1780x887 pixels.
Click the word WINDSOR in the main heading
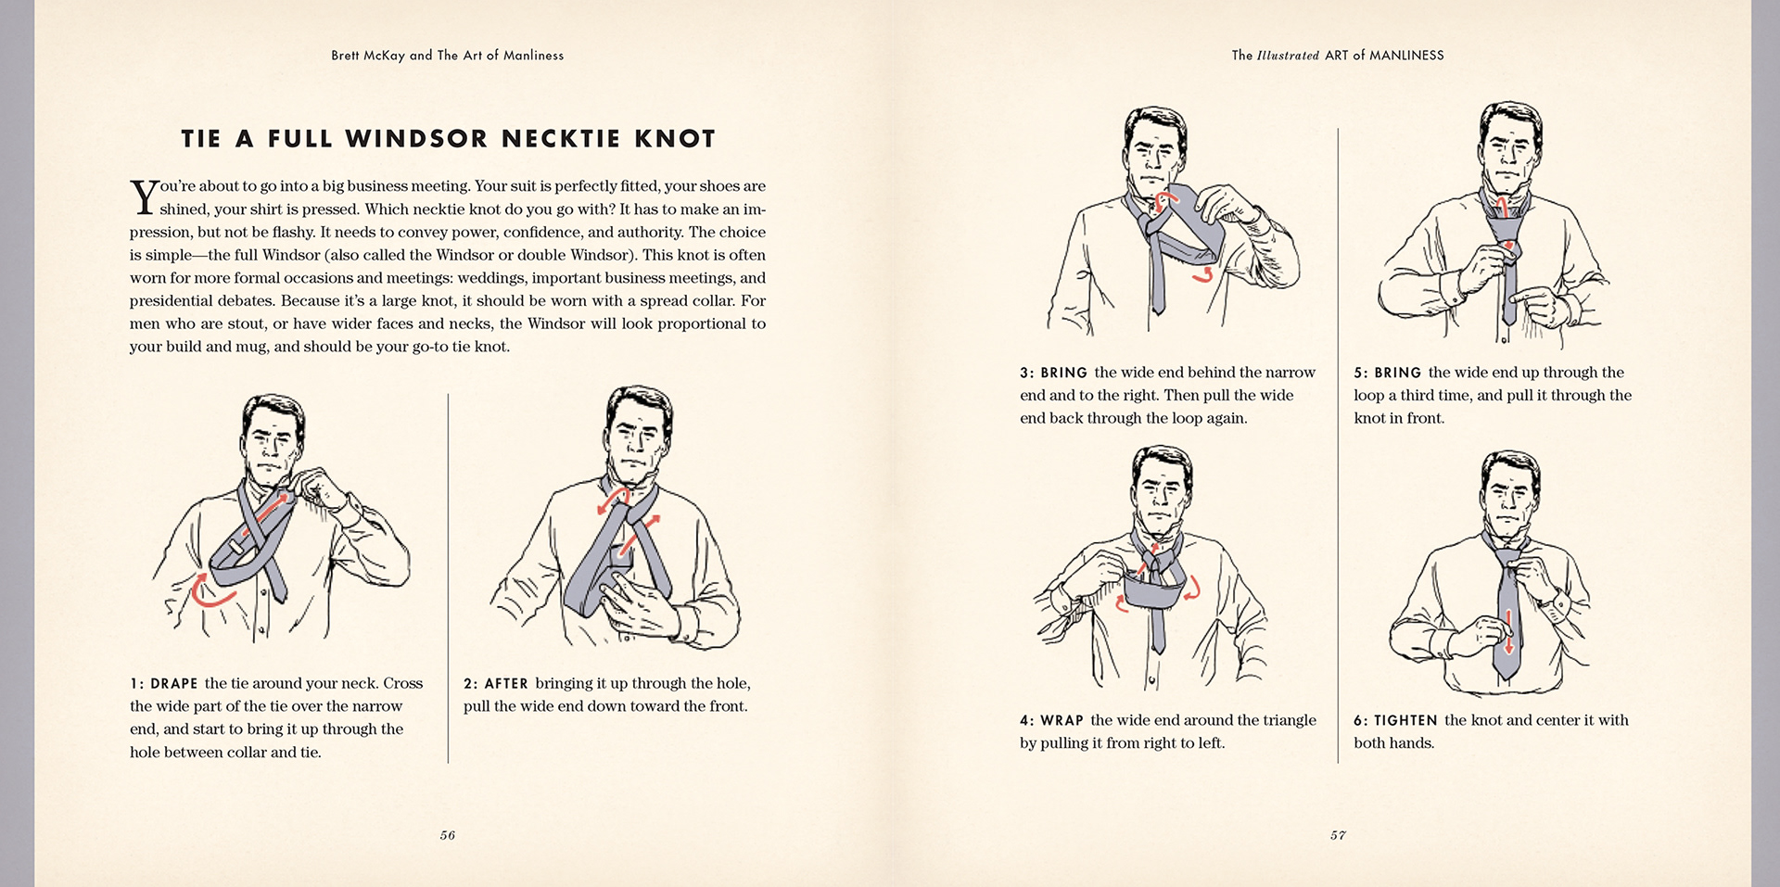tap(415, 139)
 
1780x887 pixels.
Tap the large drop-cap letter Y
tap(144, 197)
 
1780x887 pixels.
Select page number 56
tap(448, 835)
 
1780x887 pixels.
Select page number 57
tap(1338, 835)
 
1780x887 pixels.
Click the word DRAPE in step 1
tap(174, 684)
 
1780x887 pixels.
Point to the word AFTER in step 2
tap(506, 684)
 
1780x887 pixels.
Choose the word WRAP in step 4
tap(1062, 720)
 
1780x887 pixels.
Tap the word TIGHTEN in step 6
tap(1405, 720)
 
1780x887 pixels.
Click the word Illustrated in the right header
tap(1288, 56)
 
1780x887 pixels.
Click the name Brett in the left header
tap(346, 56)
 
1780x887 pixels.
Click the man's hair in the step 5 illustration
tap(1510, 120)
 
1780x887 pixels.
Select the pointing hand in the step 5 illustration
tap(1539, 305)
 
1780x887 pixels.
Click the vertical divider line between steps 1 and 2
tap(448, 578)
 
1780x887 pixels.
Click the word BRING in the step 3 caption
tap(1064, 373)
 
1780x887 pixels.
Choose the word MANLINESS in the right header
tap(1406, 56)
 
